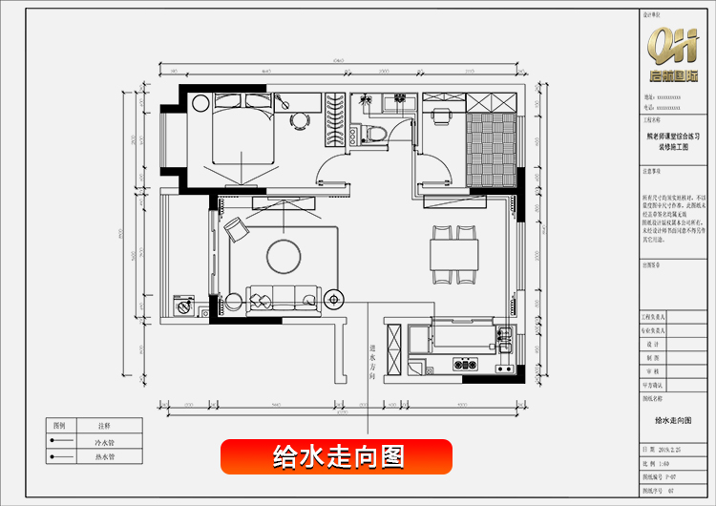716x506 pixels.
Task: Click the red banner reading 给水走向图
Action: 336,456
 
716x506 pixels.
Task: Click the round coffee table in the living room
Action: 284,255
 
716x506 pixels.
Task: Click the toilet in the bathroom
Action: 373,134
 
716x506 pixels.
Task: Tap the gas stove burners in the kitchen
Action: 466,363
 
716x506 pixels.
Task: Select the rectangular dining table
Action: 453,256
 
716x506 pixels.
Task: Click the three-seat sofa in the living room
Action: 282,296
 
